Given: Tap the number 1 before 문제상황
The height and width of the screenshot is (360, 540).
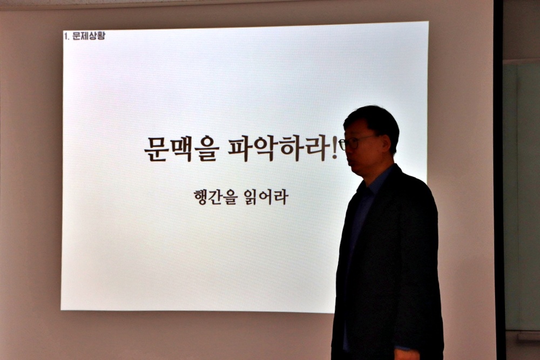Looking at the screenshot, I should click(65, 36).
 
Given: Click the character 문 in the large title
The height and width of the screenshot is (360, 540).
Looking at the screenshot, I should click(156, 148).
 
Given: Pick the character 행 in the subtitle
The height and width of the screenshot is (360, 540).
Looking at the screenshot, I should click(201, 197).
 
